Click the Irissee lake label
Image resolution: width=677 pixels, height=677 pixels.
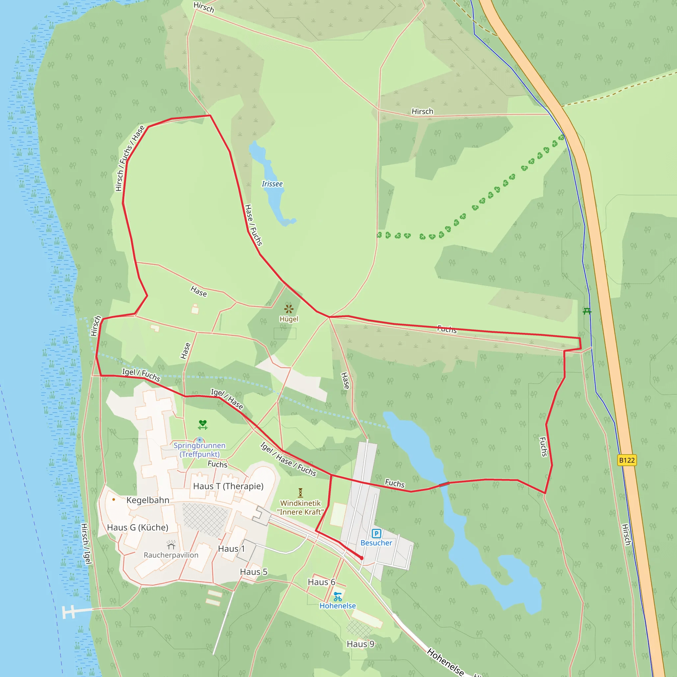point(272,184)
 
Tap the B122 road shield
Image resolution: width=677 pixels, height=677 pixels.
point(626,460)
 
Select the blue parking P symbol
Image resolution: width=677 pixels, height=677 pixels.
point(376,533)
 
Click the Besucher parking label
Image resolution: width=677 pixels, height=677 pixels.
point(376,543)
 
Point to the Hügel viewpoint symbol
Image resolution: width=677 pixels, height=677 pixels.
point(289,309)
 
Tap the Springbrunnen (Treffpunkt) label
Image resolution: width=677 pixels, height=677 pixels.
point(199,450)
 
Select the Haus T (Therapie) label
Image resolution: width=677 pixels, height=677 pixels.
point(228,486)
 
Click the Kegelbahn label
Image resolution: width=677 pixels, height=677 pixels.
point(147,500)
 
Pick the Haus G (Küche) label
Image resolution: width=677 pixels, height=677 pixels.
point(138,527)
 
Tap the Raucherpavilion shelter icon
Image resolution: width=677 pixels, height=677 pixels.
point(171,545)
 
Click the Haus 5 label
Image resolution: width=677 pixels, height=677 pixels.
point(253,572)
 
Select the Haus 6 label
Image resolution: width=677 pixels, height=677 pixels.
point(321,582)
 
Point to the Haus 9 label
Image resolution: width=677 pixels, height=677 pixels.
point(360,644)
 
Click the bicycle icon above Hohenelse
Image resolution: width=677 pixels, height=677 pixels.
point(338,596)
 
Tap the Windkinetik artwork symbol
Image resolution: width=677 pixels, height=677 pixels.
point(300,493)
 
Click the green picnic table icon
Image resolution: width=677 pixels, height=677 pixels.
point(587,311)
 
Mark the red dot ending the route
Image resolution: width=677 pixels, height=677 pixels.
point(362,558)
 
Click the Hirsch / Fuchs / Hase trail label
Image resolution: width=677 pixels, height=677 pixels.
point(130,158)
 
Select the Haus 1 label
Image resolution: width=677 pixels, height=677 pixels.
point(231,549)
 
